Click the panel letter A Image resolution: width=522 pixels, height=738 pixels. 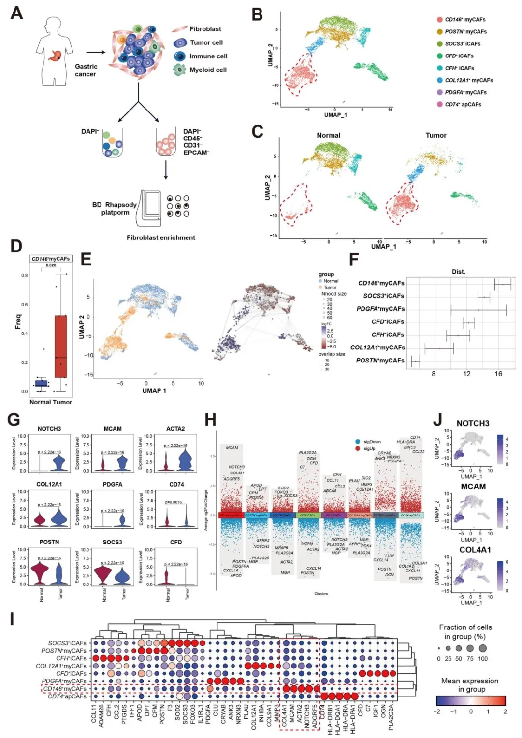16,13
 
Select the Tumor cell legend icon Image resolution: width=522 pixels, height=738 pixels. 180,43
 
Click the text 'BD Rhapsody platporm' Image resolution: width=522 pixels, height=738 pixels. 115,209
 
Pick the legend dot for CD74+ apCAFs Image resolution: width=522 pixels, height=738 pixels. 440,104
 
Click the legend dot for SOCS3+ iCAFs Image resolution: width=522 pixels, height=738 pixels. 440,44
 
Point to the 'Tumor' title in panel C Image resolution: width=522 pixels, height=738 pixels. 435,135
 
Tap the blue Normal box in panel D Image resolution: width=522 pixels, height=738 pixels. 42,383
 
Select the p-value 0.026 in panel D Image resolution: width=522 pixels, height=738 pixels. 51,265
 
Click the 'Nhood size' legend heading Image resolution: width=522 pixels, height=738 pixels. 333,293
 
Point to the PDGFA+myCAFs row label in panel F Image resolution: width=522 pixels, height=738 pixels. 380,309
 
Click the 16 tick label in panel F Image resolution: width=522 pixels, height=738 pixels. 498,374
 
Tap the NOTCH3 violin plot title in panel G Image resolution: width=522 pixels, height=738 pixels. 49,429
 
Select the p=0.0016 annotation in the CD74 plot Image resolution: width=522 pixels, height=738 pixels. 174,502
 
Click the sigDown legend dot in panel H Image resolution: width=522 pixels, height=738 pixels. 357,441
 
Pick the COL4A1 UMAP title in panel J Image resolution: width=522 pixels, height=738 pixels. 475,550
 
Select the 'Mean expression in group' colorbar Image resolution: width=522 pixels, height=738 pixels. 470,701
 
